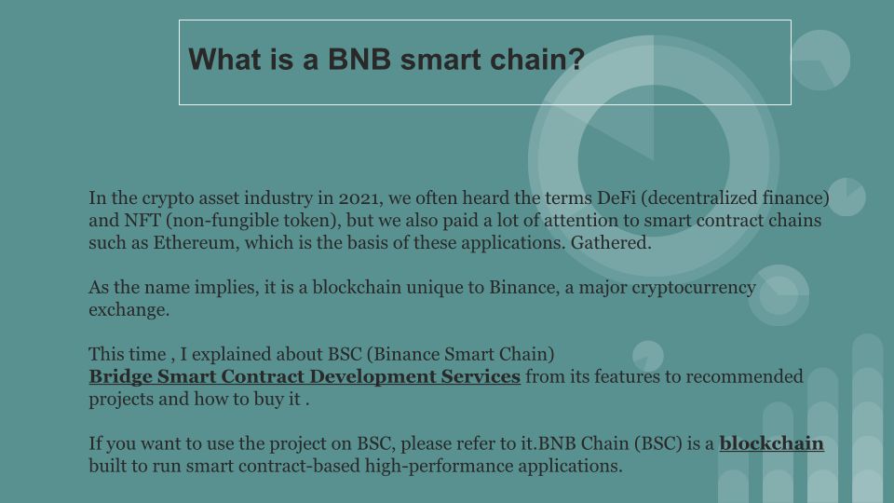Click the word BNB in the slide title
click(359, 60)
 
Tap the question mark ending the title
click(577, 59)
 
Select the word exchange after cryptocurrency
click(129, 309)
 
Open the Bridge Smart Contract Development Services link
click(305, 376)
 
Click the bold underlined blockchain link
click(771, 443)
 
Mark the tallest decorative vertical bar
click(867, 418)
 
